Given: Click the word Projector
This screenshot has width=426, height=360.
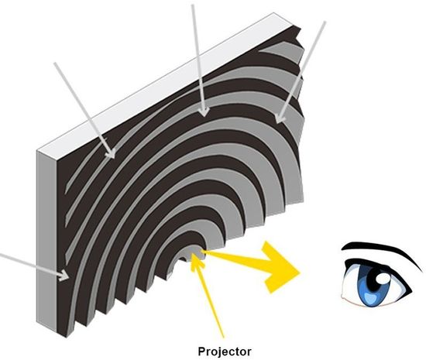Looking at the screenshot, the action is pyautogui.click(x=225, y=351).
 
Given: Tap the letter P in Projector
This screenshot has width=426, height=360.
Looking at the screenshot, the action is pyautogui.click(x=201, y=351).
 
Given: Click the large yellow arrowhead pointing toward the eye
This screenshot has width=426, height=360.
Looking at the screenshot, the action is pyautogui.click(x=280, y=267).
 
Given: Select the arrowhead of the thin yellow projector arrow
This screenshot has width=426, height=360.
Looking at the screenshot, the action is pyautogui.click(x=195, y=260).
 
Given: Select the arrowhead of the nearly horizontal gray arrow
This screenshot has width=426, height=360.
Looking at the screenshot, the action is pyautogui.click(x=65, y=275).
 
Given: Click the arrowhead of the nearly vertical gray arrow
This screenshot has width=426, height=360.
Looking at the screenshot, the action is pyautogui.click(x=204, y=111).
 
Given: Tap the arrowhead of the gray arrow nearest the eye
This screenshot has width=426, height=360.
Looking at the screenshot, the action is pyautogui.click(x=280, y=118).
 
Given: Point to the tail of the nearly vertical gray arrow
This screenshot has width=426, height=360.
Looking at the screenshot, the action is pyautogui.click(x=193, y=6).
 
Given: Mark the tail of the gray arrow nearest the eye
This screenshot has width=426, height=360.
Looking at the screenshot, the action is pyautogui.click(x=324, y=22).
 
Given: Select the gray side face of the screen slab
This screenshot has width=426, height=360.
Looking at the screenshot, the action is pyautogui.click(x=46, y=240).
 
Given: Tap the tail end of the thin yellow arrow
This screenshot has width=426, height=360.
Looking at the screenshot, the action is pyautogui.click(x=224, y=338).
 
